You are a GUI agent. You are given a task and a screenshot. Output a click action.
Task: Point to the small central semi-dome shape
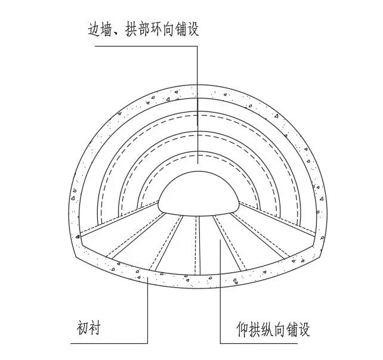[198, 194]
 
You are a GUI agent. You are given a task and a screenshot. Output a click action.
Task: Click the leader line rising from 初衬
[148, 304]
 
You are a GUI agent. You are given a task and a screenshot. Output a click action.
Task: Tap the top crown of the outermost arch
[198, 85]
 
